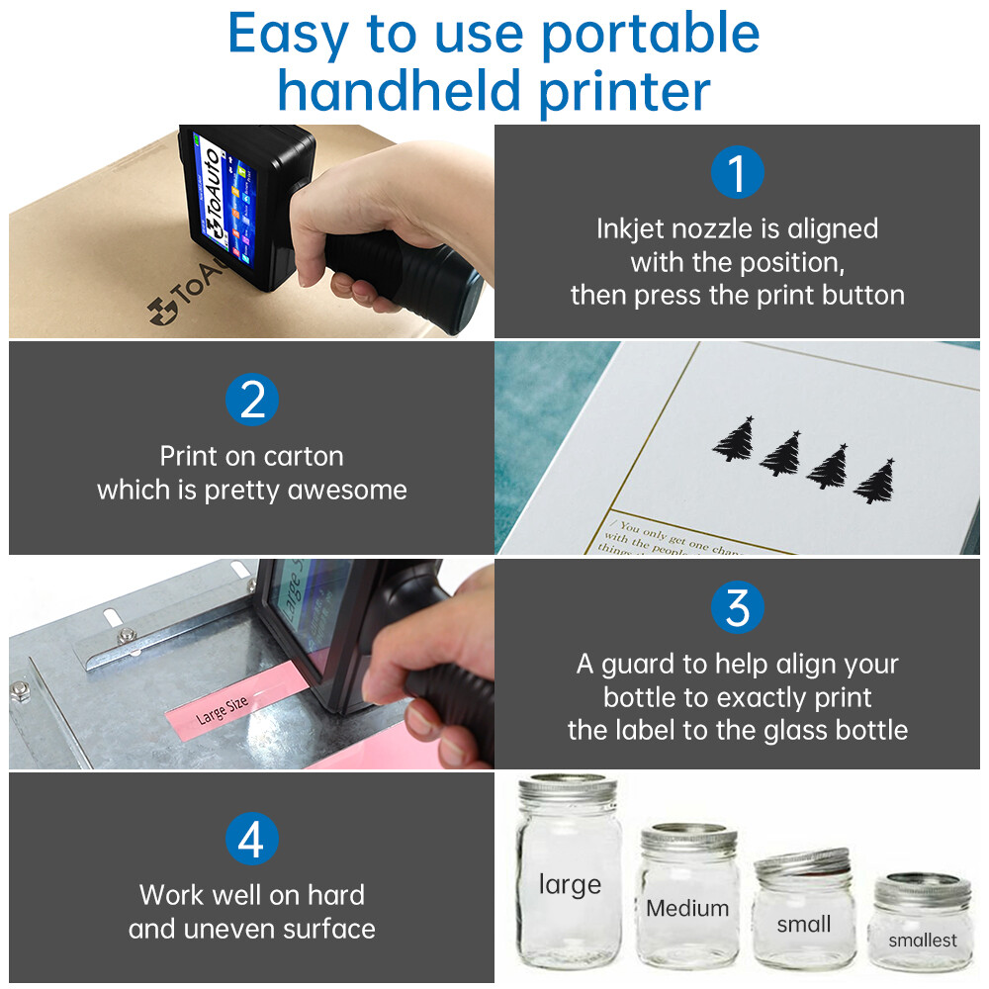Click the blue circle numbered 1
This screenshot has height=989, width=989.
click(738, 172)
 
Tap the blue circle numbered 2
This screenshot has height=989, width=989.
click(251, 401)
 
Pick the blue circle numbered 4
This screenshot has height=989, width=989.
click(251, 840)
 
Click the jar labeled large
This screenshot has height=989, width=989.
click(569, 880)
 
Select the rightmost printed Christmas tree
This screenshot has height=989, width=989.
click(874, 482)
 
